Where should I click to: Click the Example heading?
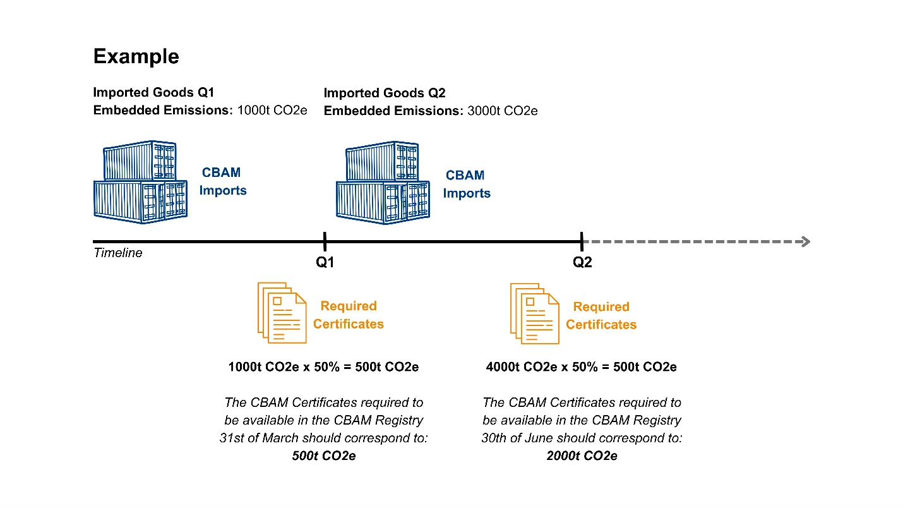click(136, 56)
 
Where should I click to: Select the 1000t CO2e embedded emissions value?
click(272, 111)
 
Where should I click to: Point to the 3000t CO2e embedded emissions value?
click(503, 111)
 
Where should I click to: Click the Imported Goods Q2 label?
click(385, 94)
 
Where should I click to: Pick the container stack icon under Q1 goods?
click(140, 182)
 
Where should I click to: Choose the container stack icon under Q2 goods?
click(383, 184)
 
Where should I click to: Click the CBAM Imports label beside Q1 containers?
click(222, 181)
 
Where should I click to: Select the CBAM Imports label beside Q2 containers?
click(466, 184)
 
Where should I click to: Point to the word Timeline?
click(118, 253)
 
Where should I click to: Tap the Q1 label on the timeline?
click(325, 262)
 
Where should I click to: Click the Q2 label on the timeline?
click(582, 262)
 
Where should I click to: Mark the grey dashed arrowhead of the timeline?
click(805, 241)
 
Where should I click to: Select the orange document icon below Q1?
click(282, 313)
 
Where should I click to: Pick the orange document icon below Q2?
click(534, 313)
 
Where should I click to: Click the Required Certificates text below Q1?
click(349, 315)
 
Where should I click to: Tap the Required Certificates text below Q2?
click(601, 315)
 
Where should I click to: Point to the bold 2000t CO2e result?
click(582, 456)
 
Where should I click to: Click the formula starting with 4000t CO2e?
click(581, 367)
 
